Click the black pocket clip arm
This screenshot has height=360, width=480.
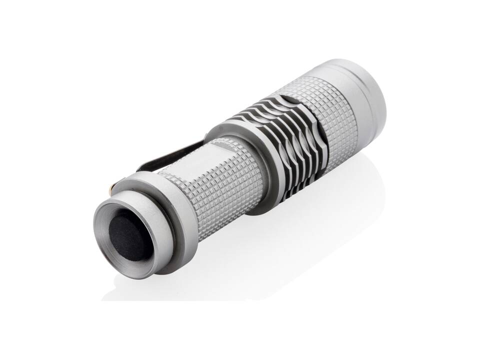pos(165,155)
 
